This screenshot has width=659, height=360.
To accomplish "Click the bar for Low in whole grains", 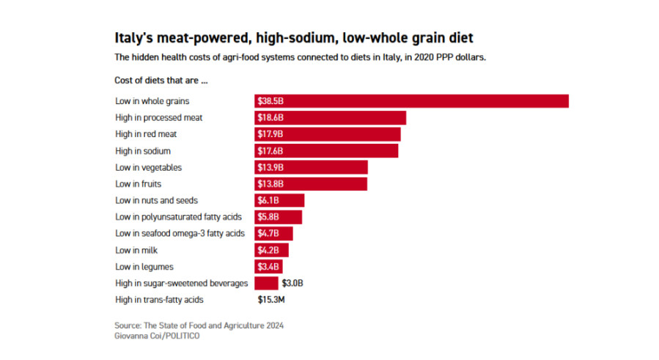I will (411, 101).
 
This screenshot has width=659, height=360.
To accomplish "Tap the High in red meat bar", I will (328, 134).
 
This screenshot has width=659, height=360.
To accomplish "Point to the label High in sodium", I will (143, 151).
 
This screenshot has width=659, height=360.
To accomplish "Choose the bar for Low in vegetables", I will (312, 167).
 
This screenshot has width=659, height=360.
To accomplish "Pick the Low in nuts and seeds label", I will (156, 200).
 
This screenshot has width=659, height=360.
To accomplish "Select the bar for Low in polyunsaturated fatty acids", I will (279, 217).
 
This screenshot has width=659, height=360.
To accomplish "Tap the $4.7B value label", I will (268, 233).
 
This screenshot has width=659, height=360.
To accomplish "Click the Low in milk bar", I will (272, 250).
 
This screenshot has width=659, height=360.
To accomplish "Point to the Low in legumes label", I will (144, 267).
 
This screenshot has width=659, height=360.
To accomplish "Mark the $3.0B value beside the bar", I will (292, 283).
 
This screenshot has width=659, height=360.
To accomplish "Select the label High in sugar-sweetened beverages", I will (182, 283).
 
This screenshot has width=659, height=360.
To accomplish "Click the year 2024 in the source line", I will (273, 325).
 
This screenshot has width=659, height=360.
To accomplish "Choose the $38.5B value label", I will (270, 101).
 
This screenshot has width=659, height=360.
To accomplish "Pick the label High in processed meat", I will (158, 117).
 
